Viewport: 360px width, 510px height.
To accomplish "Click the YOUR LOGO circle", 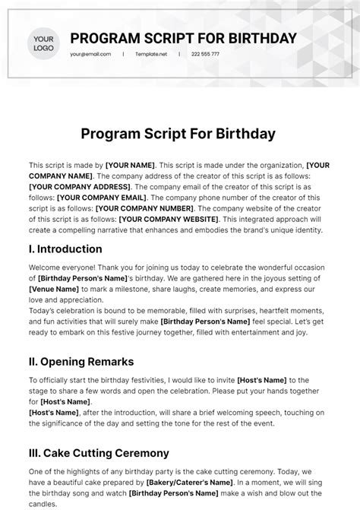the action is coord(44,43).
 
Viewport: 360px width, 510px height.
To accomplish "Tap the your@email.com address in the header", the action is coord(90,55).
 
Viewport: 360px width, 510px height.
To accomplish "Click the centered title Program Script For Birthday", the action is coord(179,135).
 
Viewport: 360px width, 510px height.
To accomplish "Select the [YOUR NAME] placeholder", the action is coord(131,165).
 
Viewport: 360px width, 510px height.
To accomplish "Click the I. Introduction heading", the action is coord(65,249).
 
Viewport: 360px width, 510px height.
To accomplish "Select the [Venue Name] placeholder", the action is coord(53,290).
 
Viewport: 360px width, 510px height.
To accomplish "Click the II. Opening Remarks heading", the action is coord(81,361).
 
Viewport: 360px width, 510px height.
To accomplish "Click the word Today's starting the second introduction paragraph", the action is coord(47,311).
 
